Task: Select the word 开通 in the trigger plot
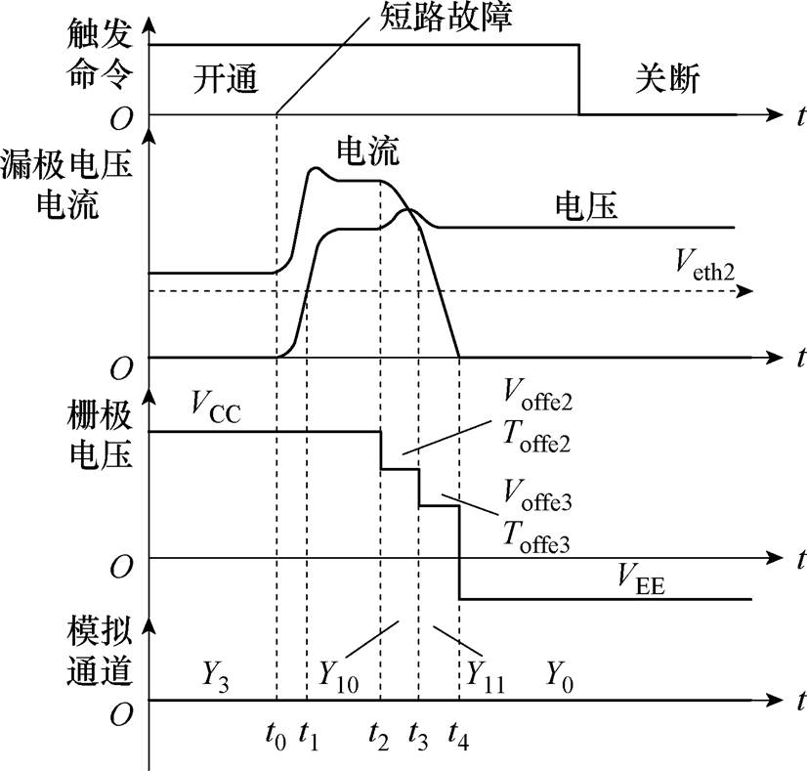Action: tap(225, 80)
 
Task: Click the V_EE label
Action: tap(642, 583)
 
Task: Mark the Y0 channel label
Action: tap(560, 673)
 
